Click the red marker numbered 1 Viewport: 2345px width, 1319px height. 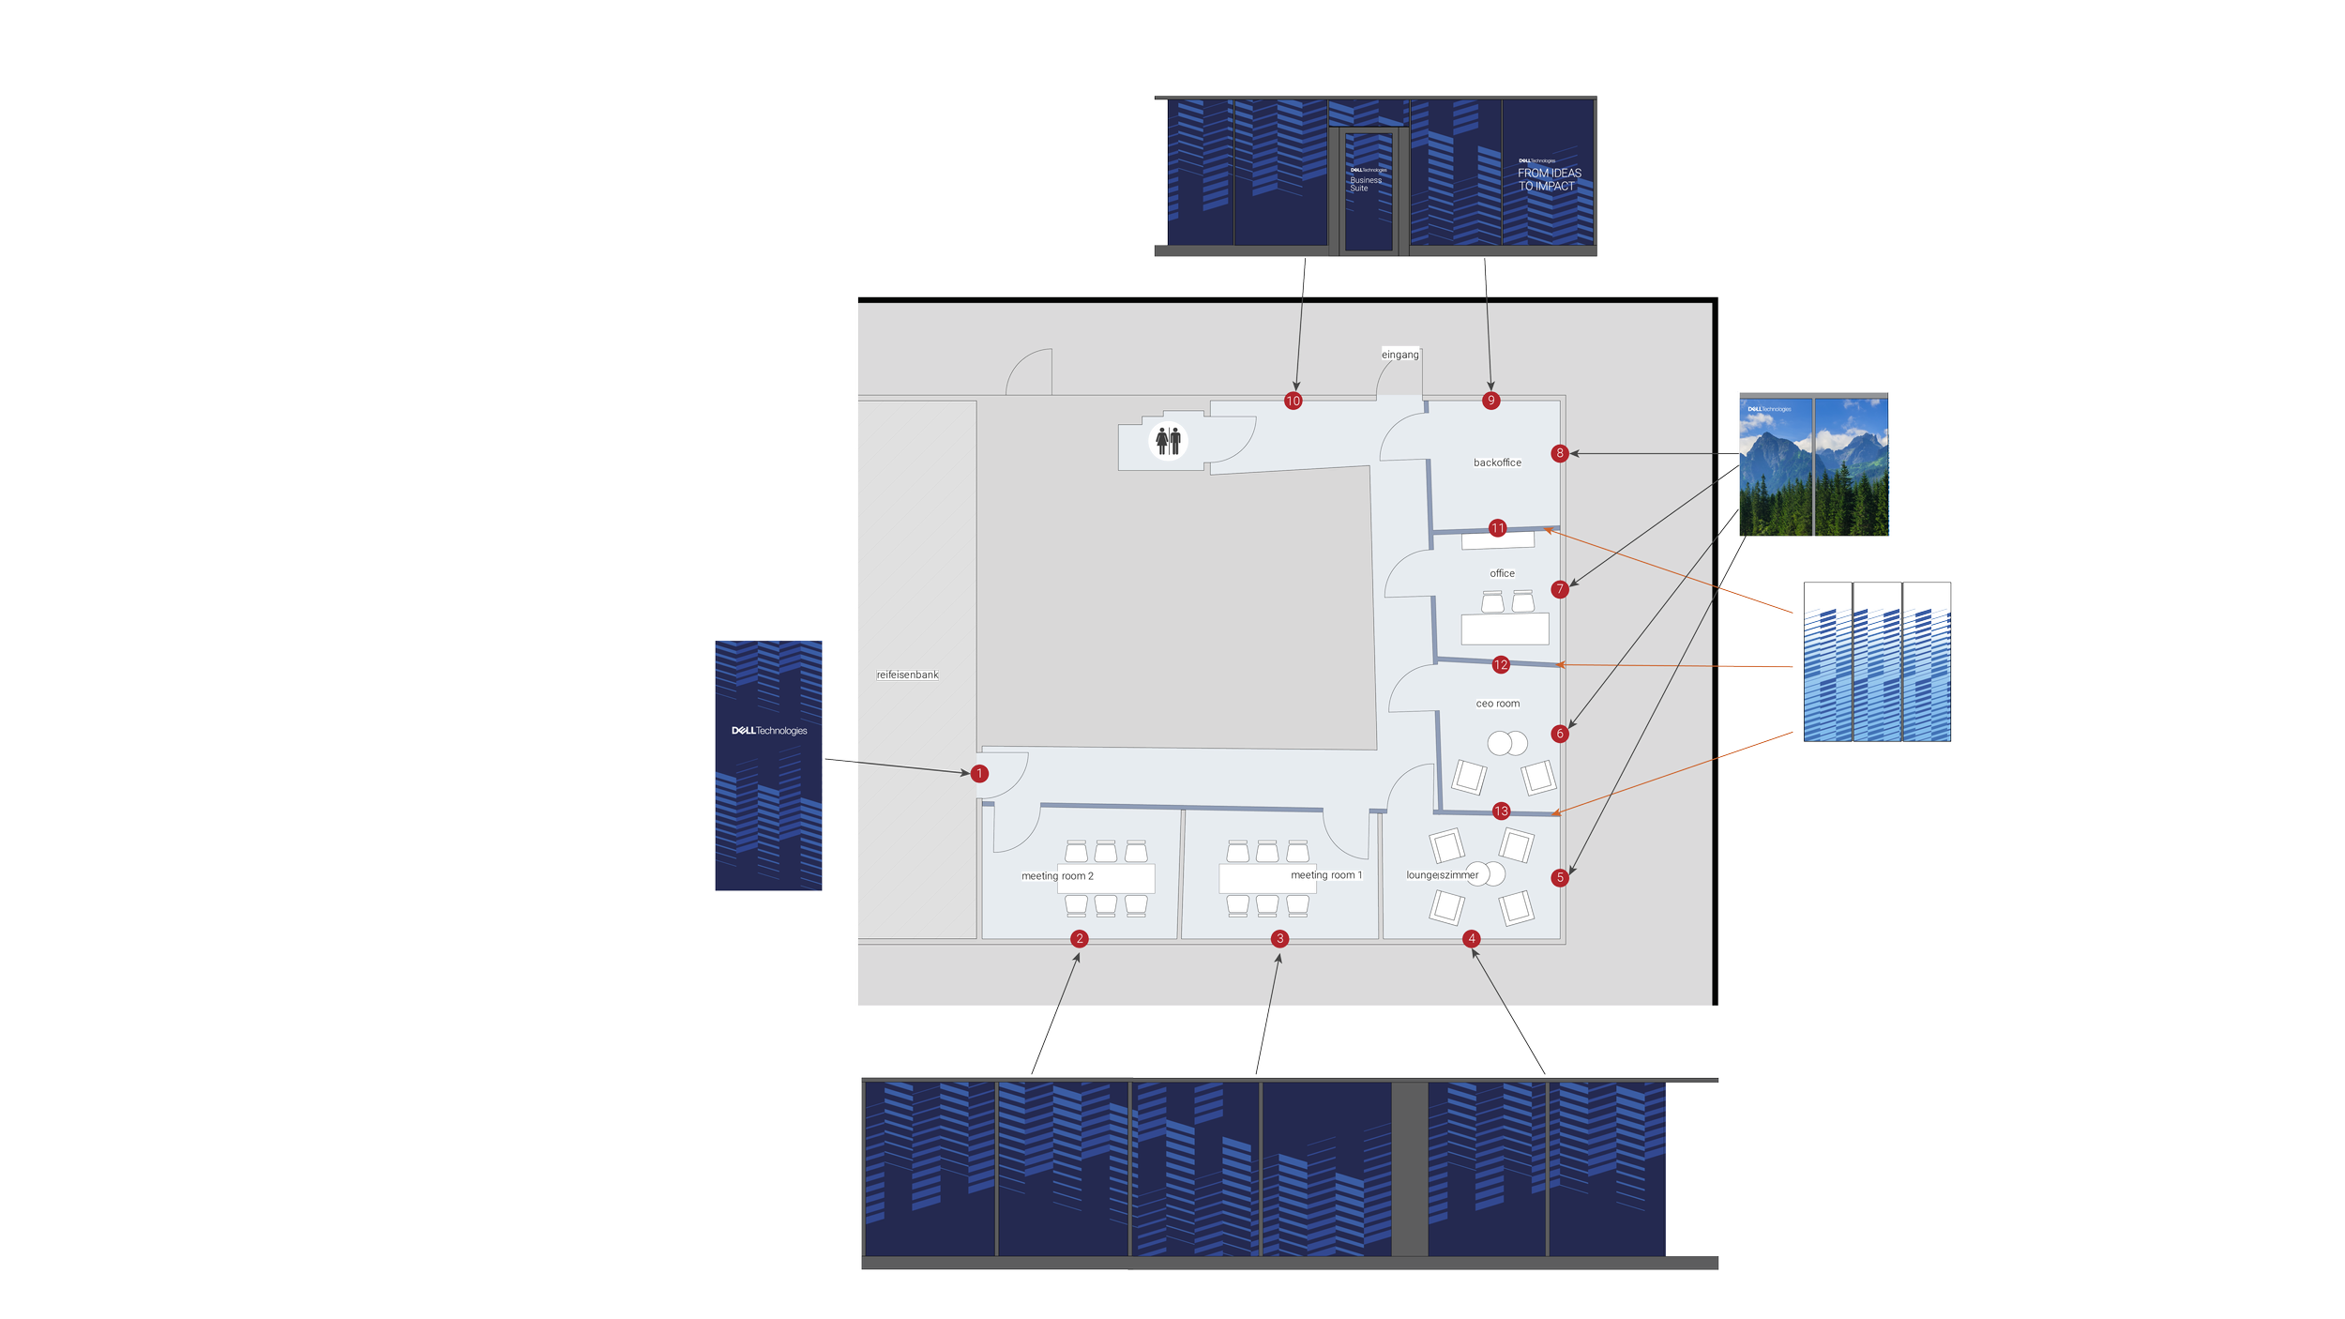click(979, 774)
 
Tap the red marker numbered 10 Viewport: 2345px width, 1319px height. click(1294, 402)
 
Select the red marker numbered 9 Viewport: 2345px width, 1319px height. click(1491, 401)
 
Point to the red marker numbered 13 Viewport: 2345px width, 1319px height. click(1501, 811)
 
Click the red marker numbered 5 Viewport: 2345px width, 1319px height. click(1560, 878)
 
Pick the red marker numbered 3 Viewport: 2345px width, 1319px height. click(1279, 939)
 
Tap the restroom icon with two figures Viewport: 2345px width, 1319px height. click(1169, 441)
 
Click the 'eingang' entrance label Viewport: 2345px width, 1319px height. click(1400, 355)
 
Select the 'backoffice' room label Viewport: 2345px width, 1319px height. click(1497, 462)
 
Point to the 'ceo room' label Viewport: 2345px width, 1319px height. click(1498, 704)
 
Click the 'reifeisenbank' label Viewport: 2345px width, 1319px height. click(907, 675)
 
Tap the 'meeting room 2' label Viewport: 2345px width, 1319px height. click(1057, 876)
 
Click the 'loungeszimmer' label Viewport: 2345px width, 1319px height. click(1442, 875)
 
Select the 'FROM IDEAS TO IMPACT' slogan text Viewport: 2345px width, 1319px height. click(1550, 179)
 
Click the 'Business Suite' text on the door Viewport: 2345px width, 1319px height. click(1366, 184)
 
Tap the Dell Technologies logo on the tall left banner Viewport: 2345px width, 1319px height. click(769, 731)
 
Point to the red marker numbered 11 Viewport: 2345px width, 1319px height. click(1498, 528)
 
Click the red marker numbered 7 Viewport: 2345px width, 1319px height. click(1560, 589)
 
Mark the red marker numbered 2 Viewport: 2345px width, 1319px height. click(1080, 939)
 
